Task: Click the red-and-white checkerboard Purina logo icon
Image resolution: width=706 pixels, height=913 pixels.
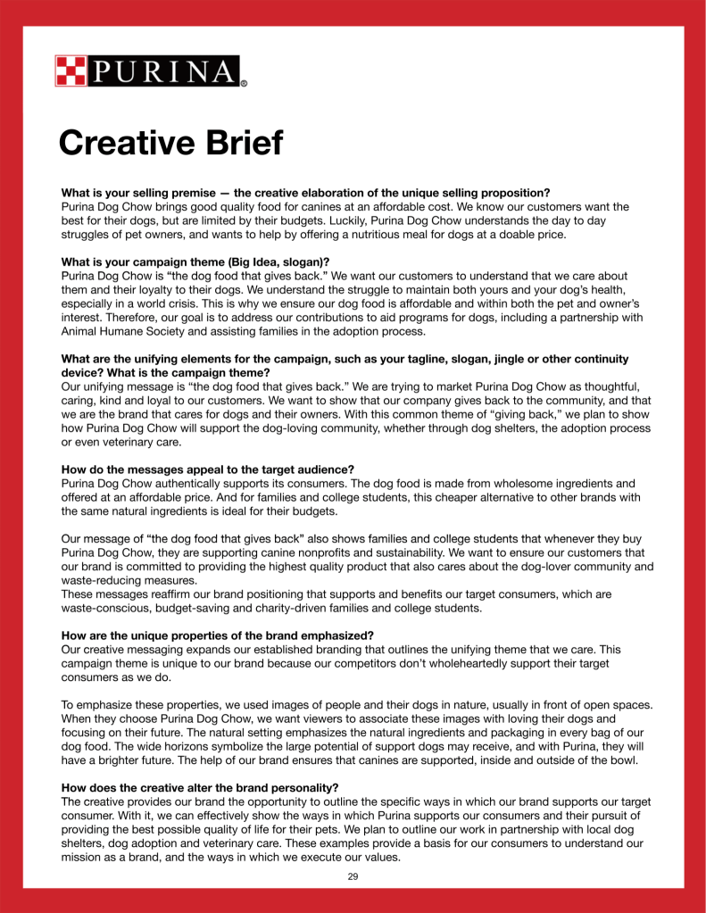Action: coord(72,71)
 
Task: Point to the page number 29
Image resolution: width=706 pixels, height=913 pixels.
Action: coord(353,877)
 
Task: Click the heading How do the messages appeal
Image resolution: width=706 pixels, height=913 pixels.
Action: coord(207,469)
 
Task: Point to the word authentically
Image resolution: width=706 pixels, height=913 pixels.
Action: coord(199,484)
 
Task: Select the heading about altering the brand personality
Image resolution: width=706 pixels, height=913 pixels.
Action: coord(200,789)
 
